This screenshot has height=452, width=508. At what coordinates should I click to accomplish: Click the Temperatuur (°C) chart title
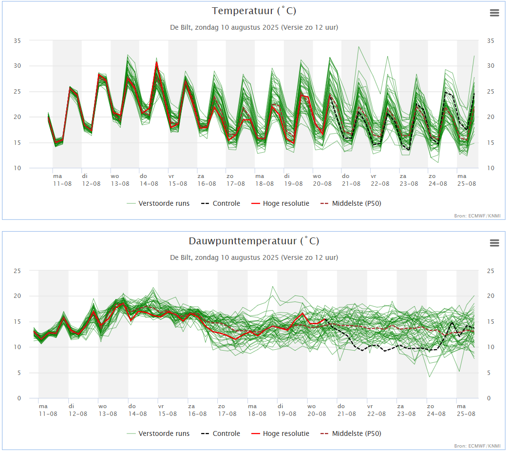click(254, 11)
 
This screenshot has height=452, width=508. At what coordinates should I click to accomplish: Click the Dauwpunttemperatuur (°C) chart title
click(254, 241)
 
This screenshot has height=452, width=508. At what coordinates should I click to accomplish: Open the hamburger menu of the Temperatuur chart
click(494, 13)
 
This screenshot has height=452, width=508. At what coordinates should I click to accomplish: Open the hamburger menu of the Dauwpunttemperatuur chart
click(494, 243)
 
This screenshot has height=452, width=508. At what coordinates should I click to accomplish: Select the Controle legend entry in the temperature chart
click(221, 203)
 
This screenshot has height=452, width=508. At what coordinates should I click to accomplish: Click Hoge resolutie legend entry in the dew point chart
click(280, 433)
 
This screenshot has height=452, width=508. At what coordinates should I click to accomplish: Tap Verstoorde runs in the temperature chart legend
click(158, 203)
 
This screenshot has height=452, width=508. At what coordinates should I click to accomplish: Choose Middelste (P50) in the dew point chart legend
click(351, 433)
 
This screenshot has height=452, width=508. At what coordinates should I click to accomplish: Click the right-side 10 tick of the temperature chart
click(490, 168)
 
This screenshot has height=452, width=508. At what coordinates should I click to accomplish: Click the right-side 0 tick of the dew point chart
click(489, 398)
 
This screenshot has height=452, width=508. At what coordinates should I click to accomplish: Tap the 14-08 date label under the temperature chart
click(149, 184)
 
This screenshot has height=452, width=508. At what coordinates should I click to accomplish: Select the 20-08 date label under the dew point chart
click(317, 414)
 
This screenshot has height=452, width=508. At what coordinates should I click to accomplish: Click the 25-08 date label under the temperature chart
click(467, 184)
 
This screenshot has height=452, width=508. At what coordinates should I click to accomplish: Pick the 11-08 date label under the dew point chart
click(48, 414)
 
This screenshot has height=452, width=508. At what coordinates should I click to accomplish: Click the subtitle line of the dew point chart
click(254, 257)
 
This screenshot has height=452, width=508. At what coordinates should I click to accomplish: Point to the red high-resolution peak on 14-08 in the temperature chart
click(157, 62)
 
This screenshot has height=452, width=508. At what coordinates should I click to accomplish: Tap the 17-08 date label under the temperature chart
click(236, 184)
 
